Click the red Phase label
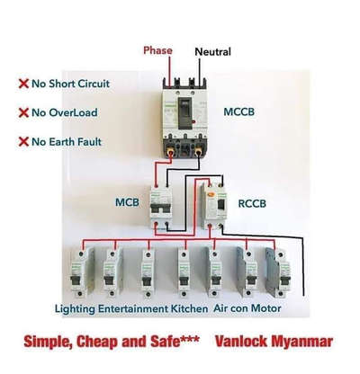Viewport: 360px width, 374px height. coord(157,50)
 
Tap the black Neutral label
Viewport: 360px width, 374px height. coord(212,52)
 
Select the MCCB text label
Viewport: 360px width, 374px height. coord(238,112)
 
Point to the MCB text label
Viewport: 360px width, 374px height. coord(127,202)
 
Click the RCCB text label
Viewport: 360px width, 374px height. coord(252,204)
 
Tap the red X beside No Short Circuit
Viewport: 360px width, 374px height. coord(23,84)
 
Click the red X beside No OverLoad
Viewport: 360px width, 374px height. coord(23,112)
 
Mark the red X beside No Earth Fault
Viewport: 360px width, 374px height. coord(23,141)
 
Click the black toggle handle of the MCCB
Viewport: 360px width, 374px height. coord(184,113)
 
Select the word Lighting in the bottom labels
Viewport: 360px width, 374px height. coord(75,308)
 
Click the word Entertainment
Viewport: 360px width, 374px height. coord(133,308)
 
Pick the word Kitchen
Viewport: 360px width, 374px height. coord(189,308)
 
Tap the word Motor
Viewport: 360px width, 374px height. coord(266,308)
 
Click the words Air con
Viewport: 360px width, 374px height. coord(231,308)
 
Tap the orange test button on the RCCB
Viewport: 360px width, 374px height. coord(211,193)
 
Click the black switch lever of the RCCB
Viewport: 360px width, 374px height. coord(220,205)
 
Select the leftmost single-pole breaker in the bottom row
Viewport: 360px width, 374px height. coord(79,273)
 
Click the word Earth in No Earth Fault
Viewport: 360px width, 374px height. coord(61,142)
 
